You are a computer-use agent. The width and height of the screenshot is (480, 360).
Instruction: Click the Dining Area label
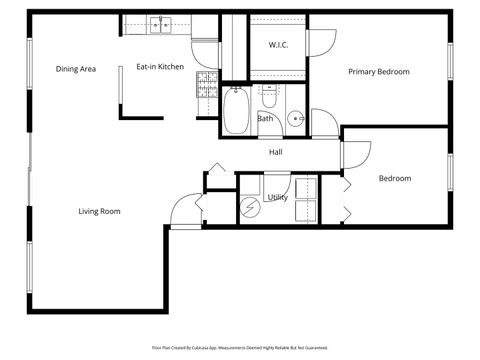click(75, 69)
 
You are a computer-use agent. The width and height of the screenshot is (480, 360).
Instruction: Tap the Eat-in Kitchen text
click(160, 67)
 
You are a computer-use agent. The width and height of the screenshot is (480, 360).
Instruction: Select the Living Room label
click(100, 211)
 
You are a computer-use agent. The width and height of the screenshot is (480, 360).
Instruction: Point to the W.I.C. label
click(279, 45)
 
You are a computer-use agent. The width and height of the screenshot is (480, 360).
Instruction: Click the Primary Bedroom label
click(379, 71)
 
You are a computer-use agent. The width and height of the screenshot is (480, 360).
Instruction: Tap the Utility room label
click(277, 197)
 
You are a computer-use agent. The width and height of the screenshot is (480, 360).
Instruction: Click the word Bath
click(265, 118)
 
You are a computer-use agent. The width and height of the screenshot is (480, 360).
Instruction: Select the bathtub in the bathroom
click(237, 111)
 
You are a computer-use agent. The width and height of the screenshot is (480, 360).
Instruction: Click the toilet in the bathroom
click(268, 96)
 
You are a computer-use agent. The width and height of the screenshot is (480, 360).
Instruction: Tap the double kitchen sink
click(160, 23)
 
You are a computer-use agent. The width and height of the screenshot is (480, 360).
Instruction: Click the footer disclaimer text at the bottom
click(239, 347)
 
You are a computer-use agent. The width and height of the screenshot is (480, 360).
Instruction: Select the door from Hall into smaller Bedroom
click(348, 158)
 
